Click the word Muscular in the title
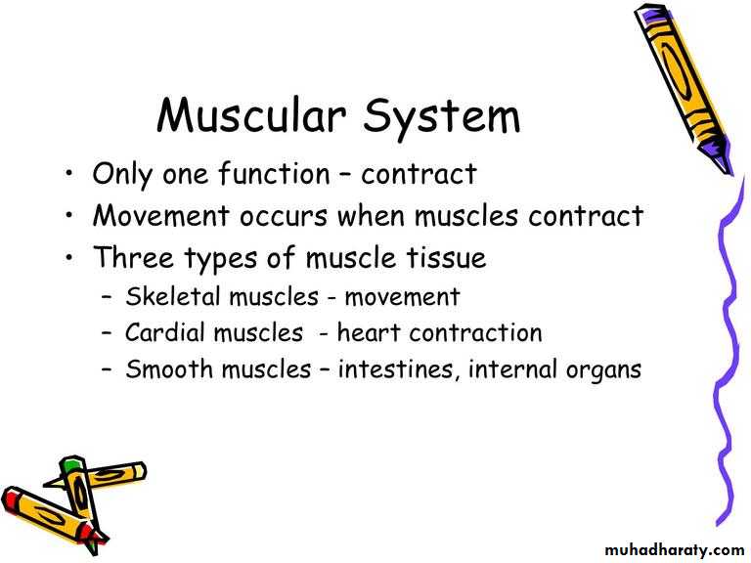(251, 115)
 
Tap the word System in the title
(441, 118)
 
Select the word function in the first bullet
(274, 173)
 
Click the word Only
(121, 175)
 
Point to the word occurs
(283, 217)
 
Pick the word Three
(134, 257)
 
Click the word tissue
(446, 257)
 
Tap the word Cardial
(164, 332)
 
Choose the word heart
(369, 332)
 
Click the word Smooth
(169, 368)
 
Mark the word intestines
(396, 369)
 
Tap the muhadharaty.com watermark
(675, 549)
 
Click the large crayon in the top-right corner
(684, 89)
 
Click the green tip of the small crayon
(70, 464)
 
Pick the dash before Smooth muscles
(107, 369)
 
